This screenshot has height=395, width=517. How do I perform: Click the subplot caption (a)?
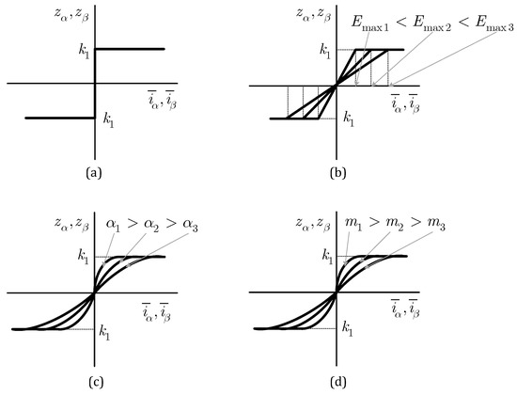[94, 173]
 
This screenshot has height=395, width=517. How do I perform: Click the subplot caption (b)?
[338, 173]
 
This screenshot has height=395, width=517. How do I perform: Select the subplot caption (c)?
[96, 382]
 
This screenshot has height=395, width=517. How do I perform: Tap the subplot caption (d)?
[338, 382]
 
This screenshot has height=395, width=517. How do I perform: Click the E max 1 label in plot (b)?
[369, 24]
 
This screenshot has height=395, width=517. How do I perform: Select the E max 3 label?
[493, 24]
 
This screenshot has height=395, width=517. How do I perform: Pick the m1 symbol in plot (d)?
[353, 224]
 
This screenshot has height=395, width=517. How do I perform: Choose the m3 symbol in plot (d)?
[436, 224]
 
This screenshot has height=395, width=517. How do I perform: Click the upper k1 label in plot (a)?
[84, 52]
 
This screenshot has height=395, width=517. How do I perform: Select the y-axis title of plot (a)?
[71, 15]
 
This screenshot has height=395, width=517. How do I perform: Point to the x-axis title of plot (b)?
[405, 103]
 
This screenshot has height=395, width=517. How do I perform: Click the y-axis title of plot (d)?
[313, 224]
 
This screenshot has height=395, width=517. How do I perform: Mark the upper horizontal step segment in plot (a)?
[130, 49]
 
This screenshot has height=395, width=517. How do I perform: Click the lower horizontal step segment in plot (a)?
[60, 118]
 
